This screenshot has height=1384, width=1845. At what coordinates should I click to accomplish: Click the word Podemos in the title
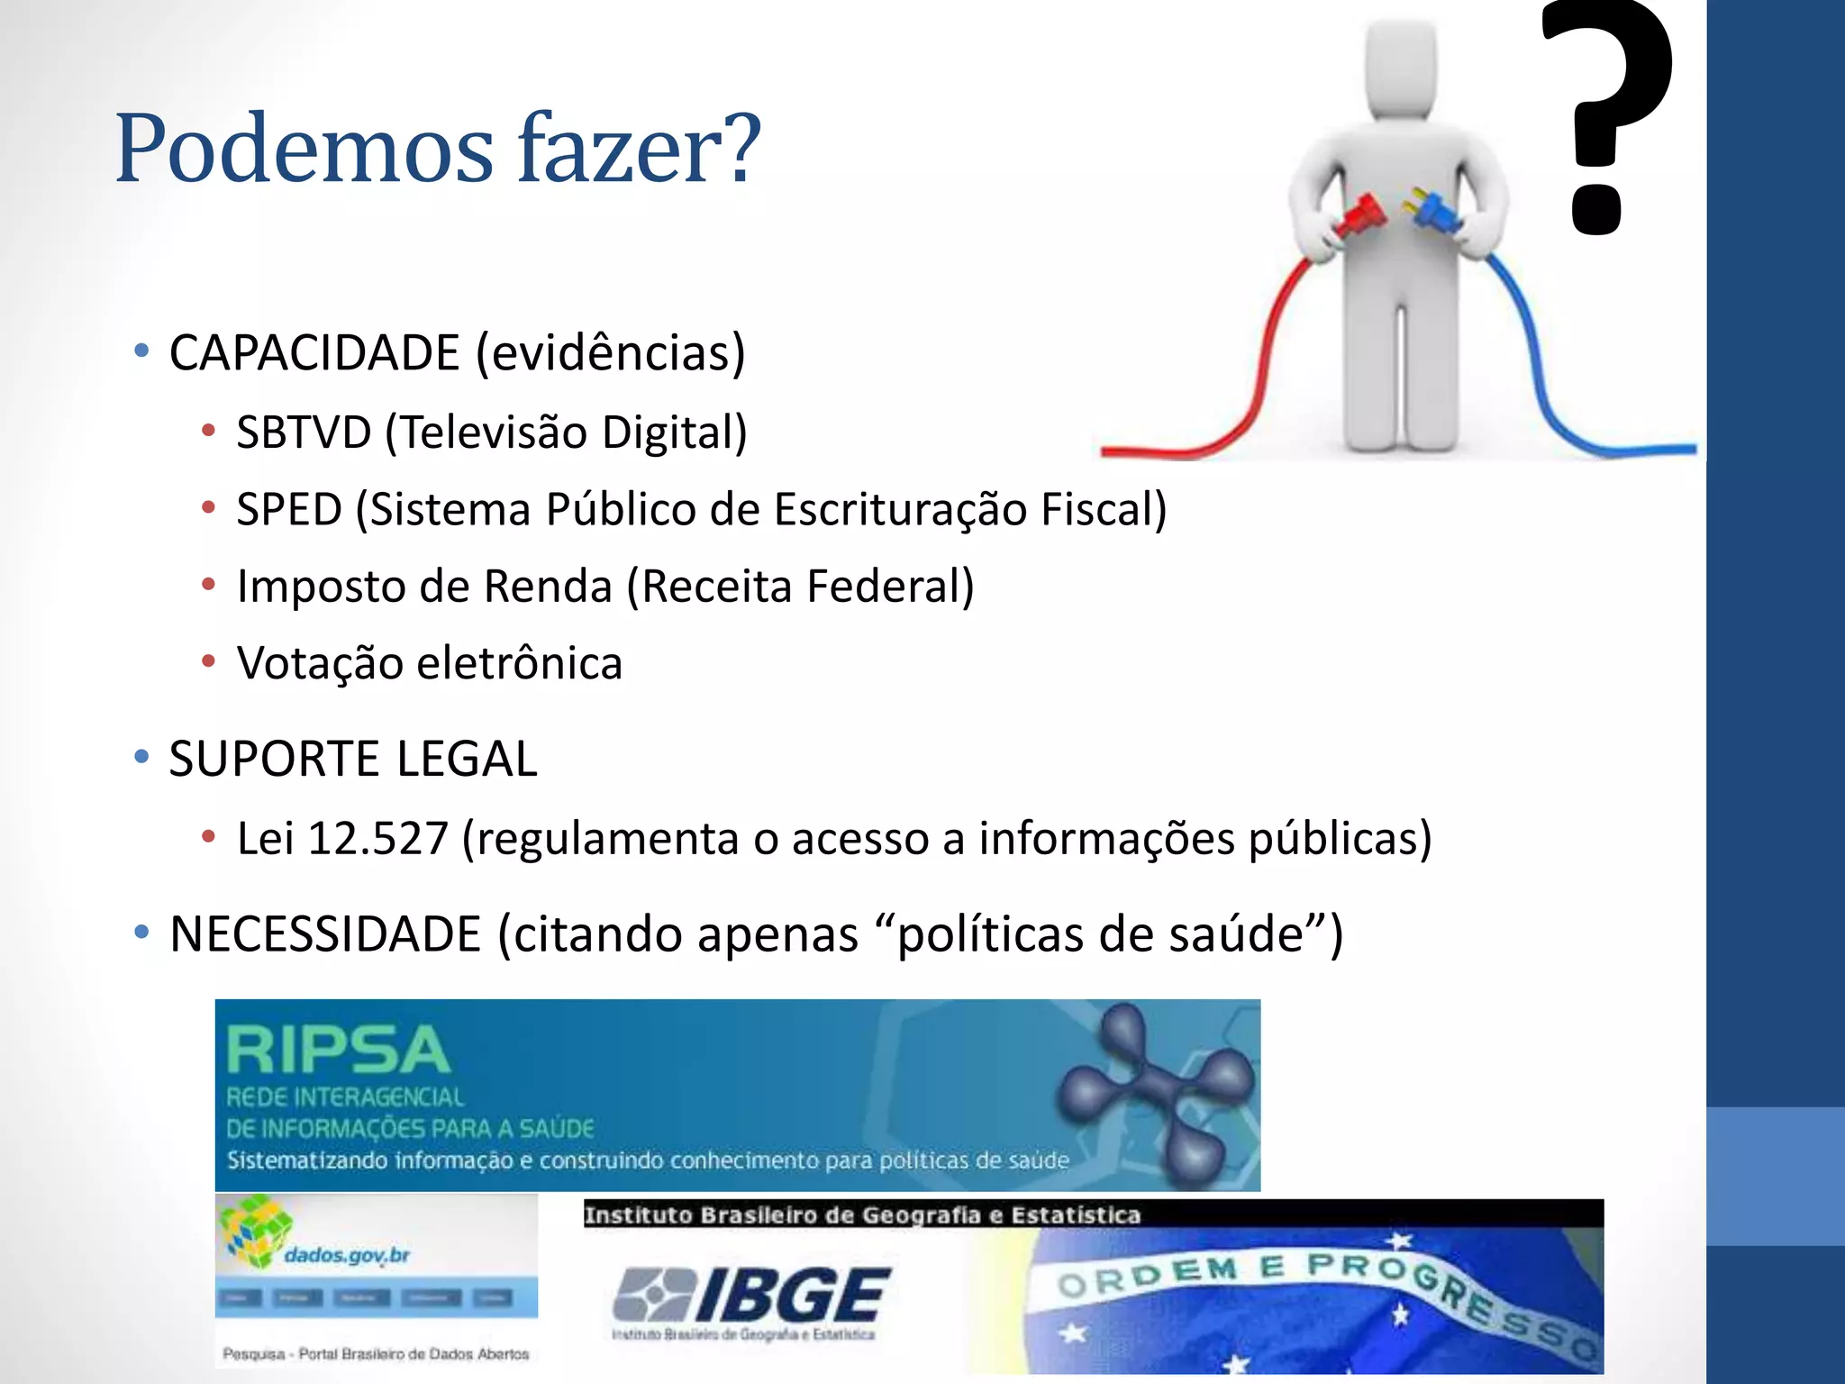(x=304, y=149)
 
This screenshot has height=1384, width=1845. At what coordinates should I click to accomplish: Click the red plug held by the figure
(x=1360, y=214)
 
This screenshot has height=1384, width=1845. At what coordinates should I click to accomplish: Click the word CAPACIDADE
(x=314, y=352)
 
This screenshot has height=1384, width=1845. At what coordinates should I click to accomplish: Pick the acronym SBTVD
(x=304, y=432)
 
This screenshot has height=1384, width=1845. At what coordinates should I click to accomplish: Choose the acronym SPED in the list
(x=289, y=510)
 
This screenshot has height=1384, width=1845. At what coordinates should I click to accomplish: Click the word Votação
(x=319, y=664)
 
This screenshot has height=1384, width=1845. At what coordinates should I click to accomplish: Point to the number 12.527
(x=378, y=839)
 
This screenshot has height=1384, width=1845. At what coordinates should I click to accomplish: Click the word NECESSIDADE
(x=325, y=934)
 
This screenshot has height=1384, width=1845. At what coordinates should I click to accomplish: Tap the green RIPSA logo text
(x=338, y=1051)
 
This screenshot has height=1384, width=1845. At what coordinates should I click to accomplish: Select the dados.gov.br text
(x=347, y=1254)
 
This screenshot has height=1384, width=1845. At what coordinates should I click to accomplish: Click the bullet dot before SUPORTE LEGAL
(x=141, y=758)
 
